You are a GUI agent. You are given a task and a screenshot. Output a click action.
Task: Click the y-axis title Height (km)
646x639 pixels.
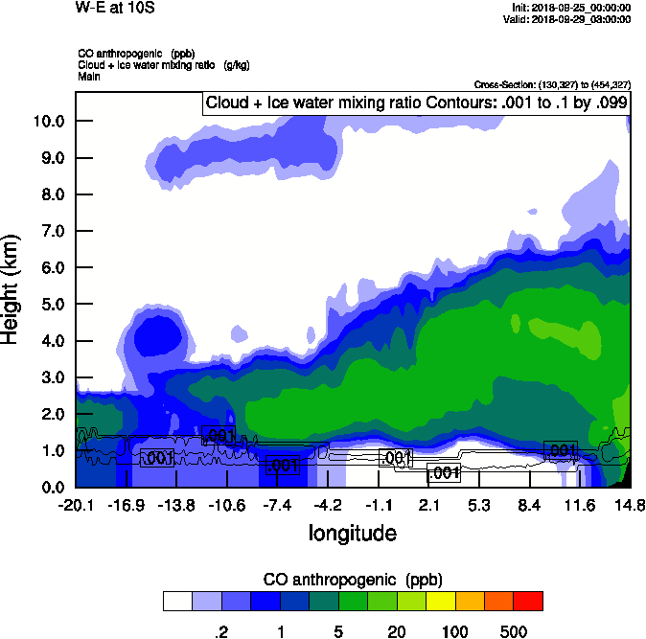(x=12, y=288)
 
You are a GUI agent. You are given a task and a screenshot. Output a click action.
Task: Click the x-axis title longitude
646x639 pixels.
(x=352, y=532)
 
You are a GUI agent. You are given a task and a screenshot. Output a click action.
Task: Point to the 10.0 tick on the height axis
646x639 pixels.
(x=49, y=122)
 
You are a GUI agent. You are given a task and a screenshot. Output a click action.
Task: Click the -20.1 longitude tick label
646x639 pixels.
(x=76, y=505)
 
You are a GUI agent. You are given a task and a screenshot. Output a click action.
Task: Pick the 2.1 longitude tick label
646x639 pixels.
(x=429, y=505)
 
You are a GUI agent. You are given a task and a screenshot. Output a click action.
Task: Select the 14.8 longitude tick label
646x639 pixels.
(x=630, y=505)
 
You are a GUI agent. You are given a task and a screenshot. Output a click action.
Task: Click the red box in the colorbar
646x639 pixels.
(x=528, y=601)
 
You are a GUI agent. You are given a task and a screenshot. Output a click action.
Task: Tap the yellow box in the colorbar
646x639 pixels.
(x=440, y=601)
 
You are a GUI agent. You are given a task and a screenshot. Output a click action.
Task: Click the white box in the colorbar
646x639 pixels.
(x=177, y=601)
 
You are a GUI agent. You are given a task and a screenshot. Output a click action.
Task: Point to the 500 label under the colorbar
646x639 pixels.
(x=514, y=631)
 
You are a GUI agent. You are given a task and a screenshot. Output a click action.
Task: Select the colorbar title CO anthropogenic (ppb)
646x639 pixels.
(x=352, y=580)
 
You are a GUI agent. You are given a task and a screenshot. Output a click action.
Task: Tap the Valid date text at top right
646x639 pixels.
(x=569, y=19)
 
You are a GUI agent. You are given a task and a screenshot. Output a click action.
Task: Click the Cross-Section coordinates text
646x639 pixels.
(x=552, y=85)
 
